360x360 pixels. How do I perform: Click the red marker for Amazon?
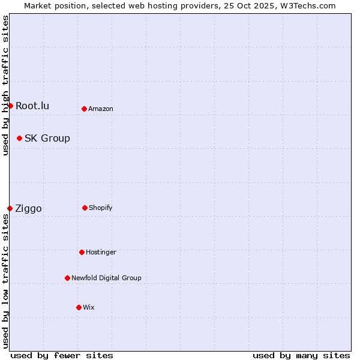pyautogui.click(x=84, y=109)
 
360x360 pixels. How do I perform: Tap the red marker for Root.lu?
pyautogui.click(x=10, y=106)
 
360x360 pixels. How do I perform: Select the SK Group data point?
pyautogui.click(x=19, y=138)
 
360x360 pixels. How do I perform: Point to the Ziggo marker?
pyautogui.click(x=10, y=208)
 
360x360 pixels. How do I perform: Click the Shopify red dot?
pyautogui.click(x=85, y=208)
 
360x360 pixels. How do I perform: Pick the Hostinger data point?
pyautogui.click(x=82, y=252)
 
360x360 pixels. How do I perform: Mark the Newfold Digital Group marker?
pyautogui.click(x=67, y=278)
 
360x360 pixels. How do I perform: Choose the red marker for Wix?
pyautogui.click(x=79, y=307)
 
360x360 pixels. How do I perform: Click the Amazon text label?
pyautogui.click(x=101, y=109)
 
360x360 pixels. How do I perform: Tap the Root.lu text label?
pyautogui.click(x=32, y=106)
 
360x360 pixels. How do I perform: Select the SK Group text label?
pyautogui.click(x=47, y=138)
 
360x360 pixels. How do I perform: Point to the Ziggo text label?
pyautogui.click(x=28, y=208)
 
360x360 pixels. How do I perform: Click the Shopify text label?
pyautogui.click(x=101, y=208)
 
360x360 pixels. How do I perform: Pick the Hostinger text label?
pyautogui.click(x=101, y=252)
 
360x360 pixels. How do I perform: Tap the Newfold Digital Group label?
pyautogui.click(x=106, y=278)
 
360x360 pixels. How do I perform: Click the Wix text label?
pyautogui.click(x=89, y=307)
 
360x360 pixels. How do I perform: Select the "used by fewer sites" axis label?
pyautogui.click(x=62, y=355)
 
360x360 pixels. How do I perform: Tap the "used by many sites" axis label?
pyautogui.click(x=301, y=355)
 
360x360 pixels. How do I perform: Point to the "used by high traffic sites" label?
pyautogui.click(x=5, y=85)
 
